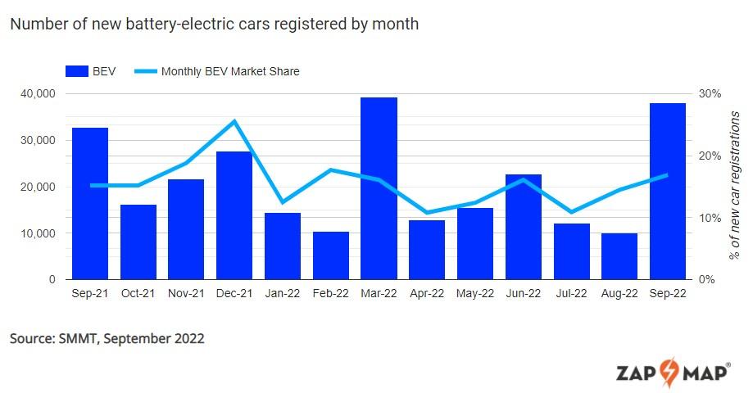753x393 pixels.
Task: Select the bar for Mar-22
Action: (x=379, y=188)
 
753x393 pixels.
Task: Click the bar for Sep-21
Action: (x=90, y=204)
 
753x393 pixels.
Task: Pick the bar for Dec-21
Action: (x=234, y=215)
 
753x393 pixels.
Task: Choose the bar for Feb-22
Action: (x=331, y=255)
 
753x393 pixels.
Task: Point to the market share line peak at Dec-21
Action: (x=234, y=121)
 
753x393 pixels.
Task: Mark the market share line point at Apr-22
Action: (x=427, y=212)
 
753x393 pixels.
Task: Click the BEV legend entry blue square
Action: (x=82, y=71)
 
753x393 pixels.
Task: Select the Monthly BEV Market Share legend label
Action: (x=230, y=71)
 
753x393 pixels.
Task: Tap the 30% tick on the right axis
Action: (x=710, y=93)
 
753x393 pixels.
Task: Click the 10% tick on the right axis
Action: (x=710, y=218)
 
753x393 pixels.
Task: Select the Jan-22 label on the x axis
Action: (x=283, y=293)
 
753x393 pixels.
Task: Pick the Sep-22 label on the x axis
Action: (x=667, y=293)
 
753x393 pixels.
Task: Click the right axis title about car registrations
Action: (x=735, y=187)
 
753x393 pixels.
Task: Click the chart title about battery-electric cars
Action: (x=215, y=24)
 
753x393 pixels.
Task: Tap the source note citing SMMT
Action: (x=107, y=338)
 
